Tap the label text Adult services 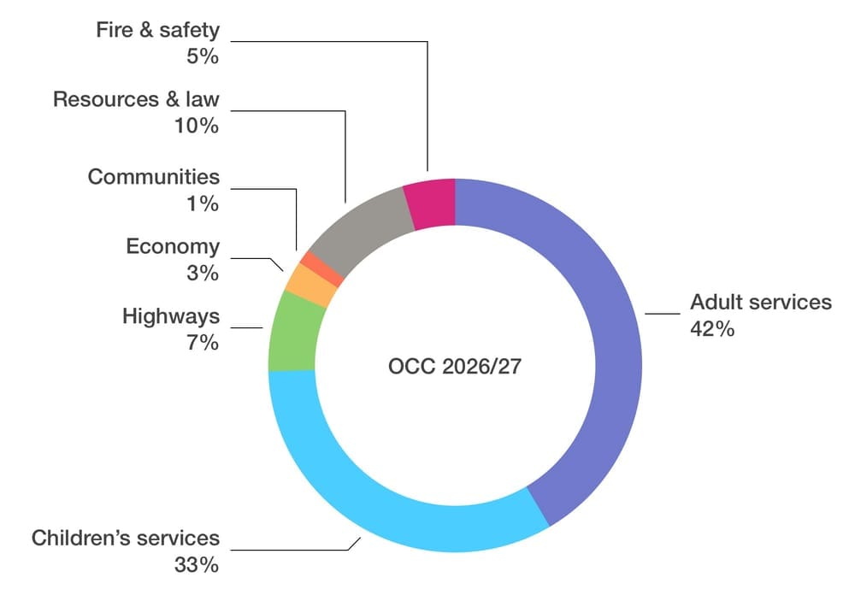click(760, 302)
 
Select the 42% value click(712, 329)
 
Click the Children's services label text click(126, 539)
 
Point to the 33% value click(198, 565)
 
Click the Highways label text click(171, 316)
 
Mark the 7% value click(204, 343)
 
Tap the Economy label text click(173, 246)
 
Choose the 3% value click(203, 274)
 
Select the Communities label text click(154, 177)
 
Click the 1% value click(204, 203)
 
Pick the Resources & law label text click(136, 99)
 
